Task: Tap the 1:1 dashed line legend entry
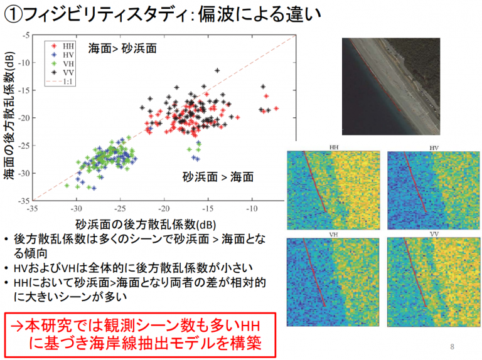click(60, 82)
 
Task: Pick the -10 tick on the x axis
click(252, 209)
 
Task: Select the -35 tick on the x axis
click(32, 209)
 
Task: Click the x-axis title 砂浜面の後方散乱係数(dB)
click(146, 225)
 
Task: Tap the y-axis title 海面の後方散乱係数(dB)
click(9, 115)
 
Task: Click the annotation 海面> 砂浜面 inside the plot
click(122, 48)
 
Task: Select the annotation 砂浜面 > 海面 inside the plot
click(218, 177)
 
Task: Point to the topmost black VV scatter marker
click(217, 71)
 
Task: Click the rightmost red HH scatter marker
click(276, 109)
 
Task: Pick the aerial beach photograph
click(391, 87)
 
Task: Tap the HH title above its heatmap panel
click(334, 147)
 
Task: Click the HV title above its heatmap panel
click(434, 148)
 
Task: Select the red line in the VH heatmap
click(314, 272)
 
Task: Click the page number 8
click(452, 346)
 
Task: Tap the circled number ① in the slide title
click(13, 15)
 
